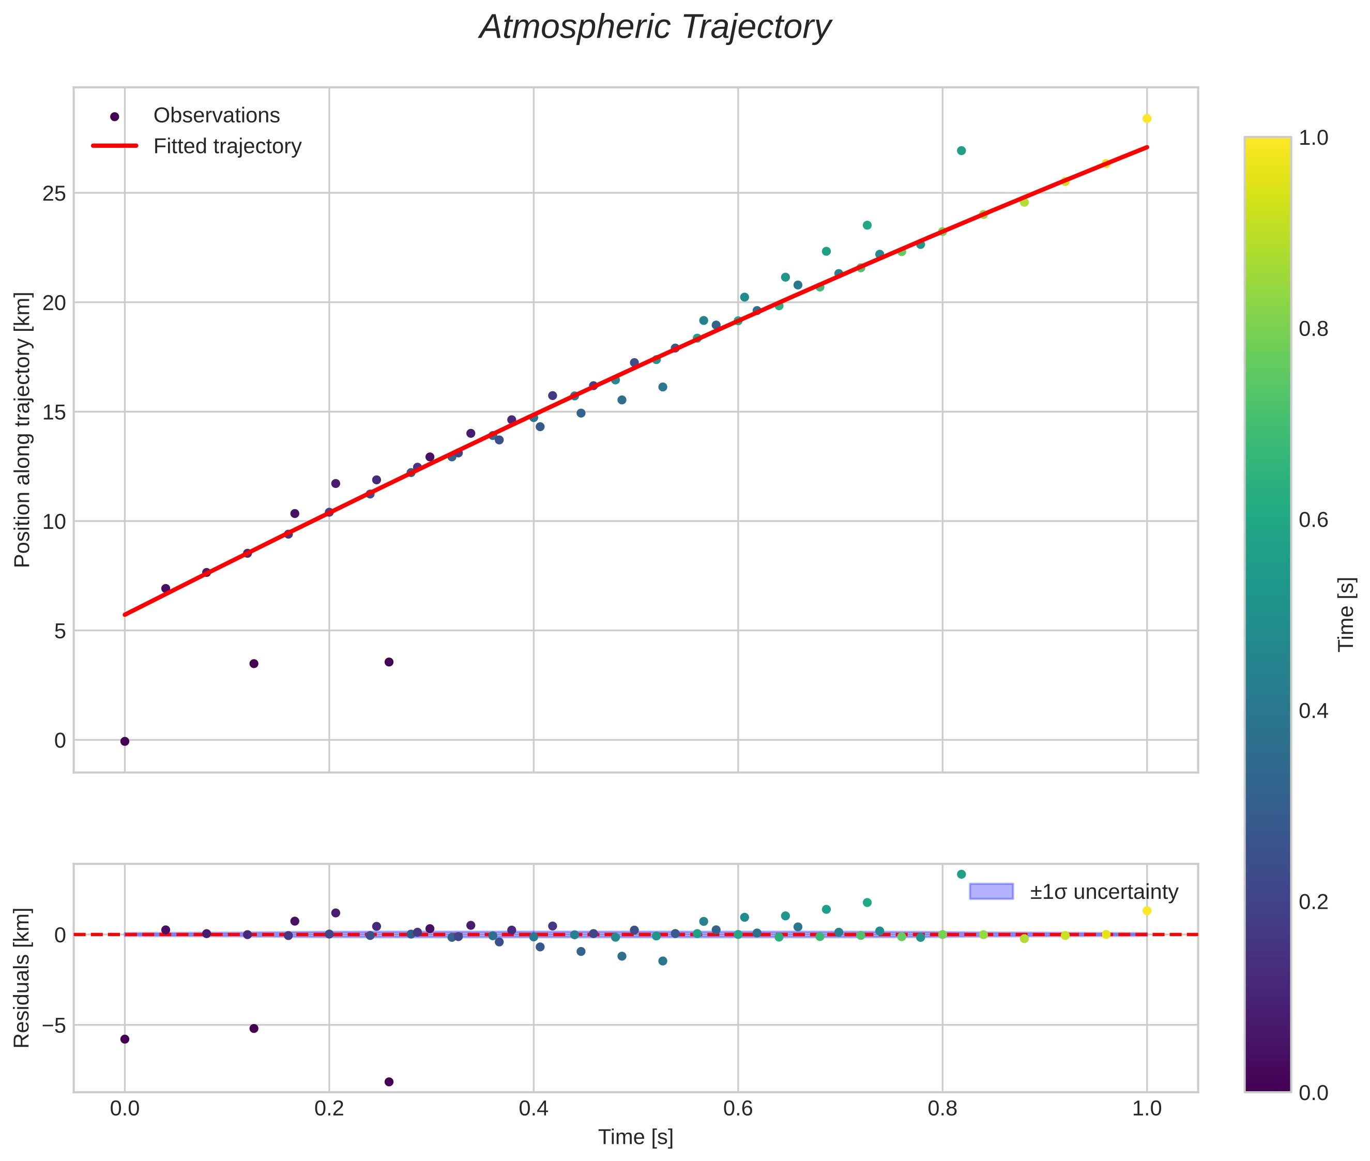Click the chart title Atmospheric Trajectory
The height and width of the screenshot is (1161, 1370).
point(655,27)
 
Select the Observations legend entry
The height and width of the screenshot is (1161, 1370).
point(216,116)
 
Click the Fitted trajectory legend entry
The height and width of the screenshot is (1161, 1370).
point(227,146)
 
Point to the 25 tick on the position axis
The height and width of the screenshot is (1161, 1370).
point(55,193)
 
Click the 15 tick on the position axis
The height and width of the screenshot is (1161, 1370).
point(55,413)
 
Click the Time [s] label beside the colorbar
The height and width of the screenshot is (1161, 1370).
point(1347,614)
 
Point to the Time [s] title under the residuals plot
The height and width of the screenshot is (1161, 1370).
point(635,1137)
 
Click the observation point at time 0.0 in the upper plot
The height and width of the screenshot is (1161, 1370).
point(125,741)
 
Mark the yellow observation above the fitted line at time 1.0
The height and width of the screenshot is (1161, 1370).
point(1147,118)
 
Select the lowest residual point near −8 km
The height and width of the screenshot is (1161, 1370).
point(389,1082)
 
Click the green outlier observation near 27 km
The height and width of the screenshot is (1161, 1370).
point(961,151)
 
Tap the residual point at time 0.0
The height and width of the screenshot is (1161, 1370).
point(125,1039)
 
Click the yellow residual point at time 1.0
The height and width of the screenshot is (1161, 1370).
point(1147,911)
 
